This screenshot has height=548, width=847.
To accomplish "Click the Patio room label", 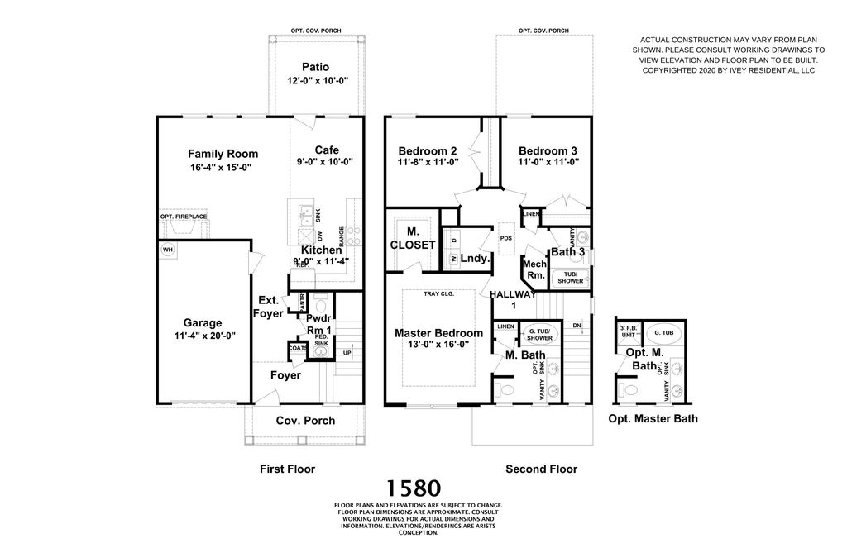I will (314, 67).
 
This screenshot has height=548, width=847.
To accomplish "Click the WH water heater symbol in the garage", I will (168, 249).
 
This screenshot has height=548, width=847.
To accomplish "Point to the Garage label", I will (203, 323).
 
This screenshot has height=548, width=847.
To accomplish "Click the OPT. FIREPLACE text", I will (184, 217).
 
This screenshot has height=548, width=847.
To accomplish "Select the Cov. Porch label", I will (305, 421).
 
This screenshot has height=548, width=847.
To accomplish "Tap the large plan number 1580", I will (414, 488).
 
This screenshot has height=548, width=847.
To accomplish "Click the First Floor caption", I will (287, 469).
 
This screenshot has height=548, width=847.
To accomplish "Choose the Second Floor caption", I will (541, 469).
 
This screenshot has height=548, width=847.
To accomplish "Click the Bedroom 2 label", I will (428, 150).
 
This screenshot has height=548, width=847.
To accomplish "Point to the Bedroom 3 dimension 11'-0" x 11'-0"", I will (548, 163).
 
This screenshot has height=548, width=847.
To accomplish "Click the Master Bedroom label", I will (438, 333).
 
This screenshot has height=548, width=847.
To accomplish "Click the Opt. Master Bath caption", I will (653, 418).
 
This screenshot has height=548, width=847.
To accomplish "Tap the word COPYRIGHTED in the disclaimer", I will (671, 71).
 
